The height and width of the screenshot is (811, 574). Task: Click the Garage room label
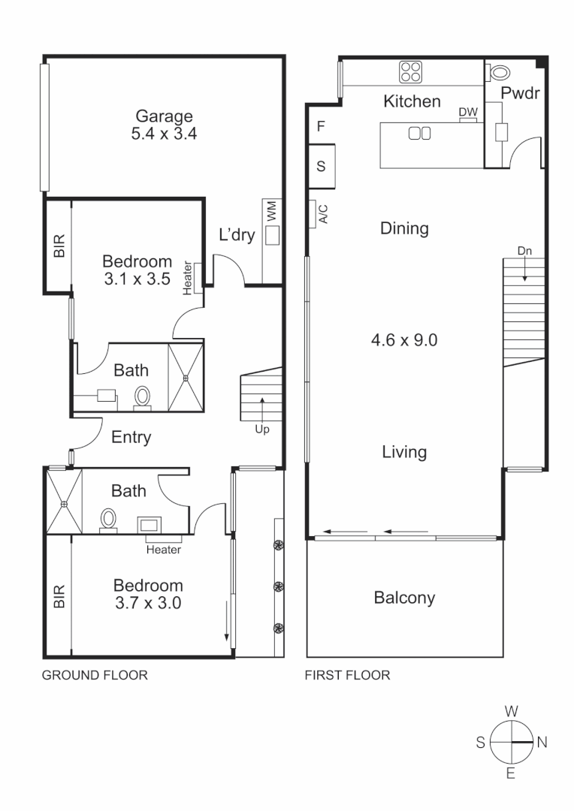164,116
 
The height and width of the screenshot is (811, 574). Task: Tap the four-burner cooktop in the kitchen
410,72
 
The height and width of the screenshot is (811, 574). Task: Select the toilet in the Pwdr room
499,72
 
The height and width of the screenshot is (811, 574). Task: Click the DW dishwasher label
467,112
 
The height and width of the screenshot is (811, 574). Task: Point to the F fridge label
321,126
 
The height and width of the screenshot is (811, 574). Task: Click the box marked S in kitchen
321,167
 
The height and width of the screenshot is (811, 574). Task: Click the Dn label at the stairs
524,252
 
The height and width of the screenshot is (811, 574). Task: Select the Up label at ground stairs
261,430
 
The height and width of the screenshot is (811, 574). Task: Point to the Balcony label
404,598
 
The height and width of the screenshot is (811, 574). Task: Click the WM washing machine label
270,210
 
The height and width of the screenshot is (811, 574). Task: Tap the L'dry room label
237,235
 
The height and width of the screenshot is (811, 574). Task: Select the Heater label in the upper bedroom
188,279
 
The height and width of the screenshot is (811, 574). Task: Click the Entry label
131,437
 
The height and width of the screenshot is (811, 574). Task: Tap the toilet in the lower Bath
110,518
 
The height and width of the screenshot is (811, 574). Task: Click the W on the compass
511,710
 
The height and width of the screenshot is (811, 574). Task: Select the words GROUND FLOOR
95,675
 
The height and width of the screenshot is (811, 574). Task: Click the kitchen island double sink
418,134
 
